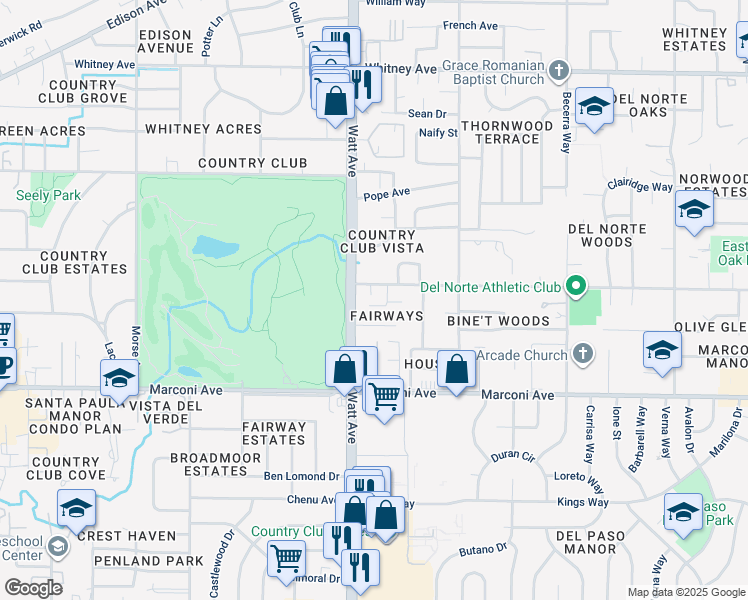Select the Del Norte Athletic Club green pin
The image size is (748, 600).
[575, 288]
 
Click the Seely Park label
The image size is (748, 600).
[48, 195]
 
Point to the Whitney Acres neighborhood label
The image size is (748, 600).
[203, 129]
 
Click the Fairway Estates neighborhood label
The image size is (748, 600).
[274, 433]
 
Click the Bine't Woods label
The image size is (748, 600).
[498, 321]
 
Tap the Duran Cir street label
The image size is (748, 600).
[514, 456]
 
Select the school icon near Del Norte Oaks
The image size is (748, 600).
[594, 107]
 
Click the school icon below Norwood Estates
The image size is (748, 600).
[693, 211]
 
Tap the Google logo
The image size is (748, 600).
[33, 587]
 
